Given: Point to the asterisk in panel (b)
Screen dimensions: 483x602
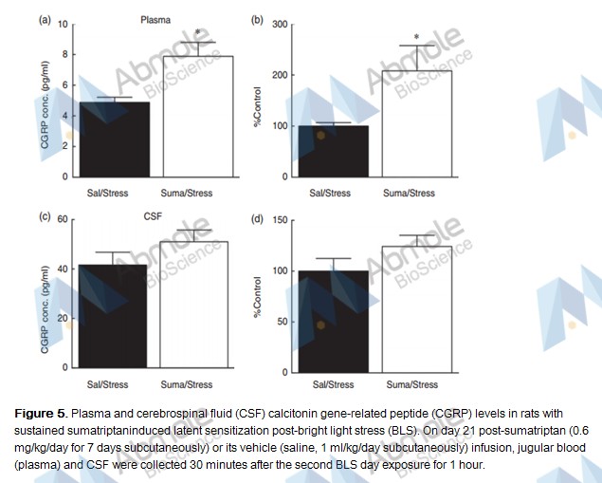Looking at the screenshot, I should coord(415,39).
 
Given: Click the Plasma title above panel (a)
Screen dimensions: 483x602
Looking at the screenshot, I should coord(155,18).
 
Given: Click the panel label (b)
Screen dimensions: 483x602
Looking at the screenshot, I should coord(256,19).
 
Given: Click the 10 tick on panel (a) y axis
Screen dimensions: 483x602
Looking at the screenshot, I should coord(64,24).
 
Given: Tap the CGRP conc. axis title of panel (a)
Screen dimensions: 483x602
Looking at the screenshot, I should coord(44,100).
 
